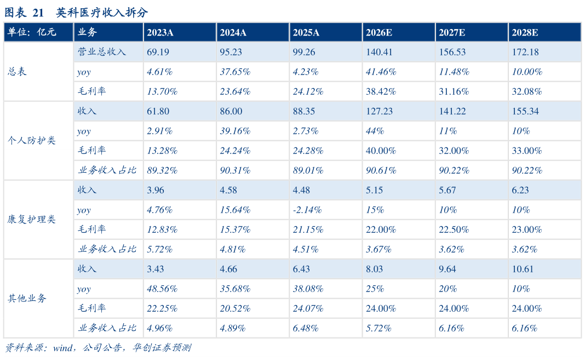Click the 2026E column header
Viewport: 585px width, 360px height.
pos(378,32)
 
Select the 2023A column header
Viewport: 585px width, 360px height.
pos(160,32)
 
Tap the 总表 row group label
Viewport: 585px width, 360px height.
pos(17,71)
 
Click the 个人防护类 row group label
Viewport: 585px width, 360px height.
pos(32,140)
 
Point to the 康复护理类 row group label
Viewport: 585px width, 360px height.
pos(32,219)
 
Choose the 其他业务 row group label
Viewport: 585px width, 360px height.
pos(27,298)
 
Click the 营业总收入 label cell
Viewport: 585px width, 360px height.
pos(101,52)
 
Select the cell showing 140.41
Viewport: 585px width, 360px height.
pos(379,52)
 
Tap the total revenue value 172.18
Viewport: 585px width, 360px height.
pos(525,52)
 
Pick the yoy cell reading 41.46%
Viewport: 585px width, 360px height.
pos(381,72)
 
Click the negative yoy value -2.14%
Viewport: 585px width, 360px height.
pos(307,210)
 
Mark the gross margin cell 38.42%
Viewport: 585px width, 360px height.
pos(381,92)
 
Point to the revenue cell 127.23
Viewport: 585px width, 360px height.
pos(379,111)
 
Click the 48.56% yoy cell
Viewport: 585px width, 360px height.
pos(162,289)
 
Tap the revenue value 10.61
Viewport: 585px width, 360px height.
pos(523,269)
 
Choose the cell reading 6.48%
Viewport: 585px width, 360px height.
pos(306,328)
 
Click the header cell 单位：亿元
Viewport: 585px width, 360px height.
pos(32,32)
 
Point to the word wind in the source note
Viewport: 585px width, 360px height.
pos(62,348)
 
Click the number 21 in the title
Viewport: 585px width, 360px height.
pos(38,13)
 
